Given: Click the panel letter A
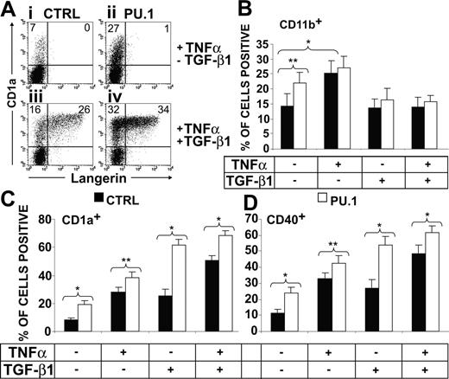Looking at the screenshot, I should pos(9,8).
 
